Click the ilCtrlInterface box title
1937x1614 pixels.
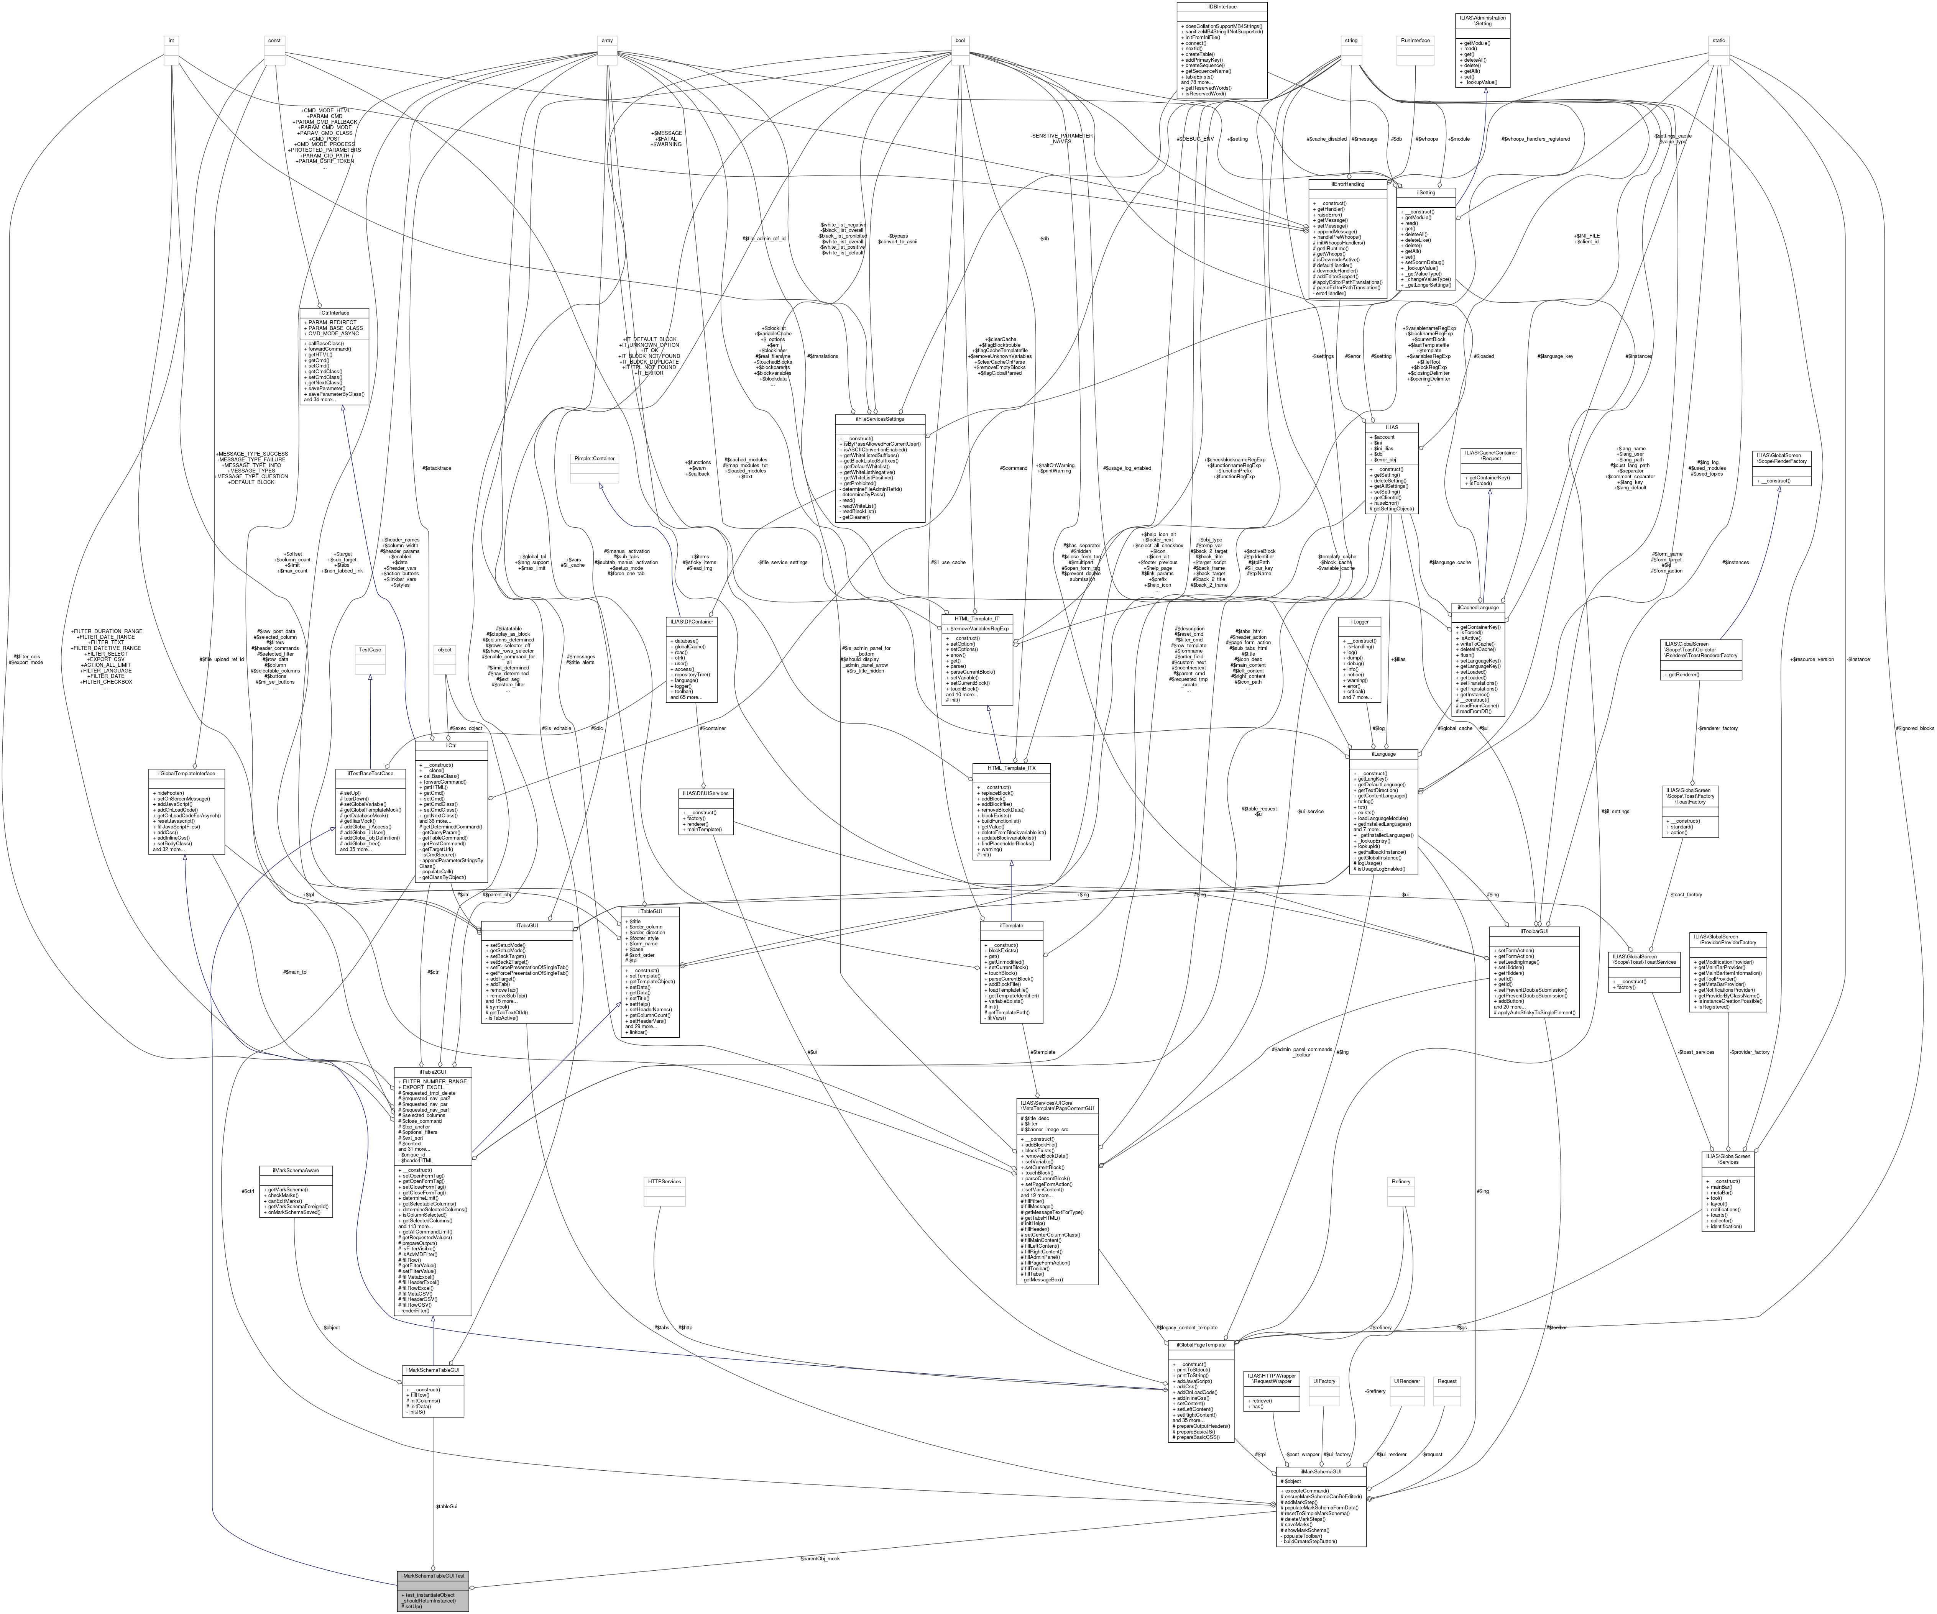point(335,313)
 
